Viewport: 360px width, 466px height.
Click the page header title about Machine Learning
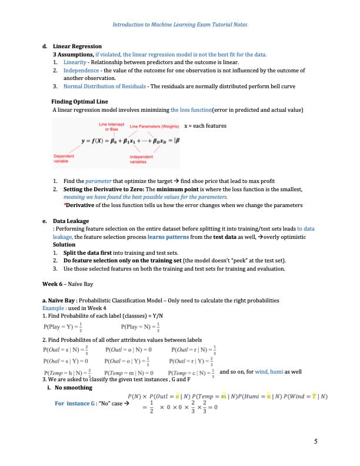pyautogui.click(x=179, y=25)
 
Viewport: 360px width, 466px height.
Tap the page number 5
pyautogui.click(x=316, y=442)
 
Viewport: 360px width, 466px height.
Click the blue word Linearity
pyautogui.click(x=75, y=62)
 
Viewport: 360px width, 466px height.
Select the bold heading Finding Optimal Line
pyautogui.click(x=80, y=101)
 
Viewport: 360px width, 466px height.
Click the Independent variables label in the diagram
pyautogui.click(x=140, y=158)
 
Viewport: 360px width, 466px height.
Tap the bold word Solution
pyautogui.click(x=64, y=244)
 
